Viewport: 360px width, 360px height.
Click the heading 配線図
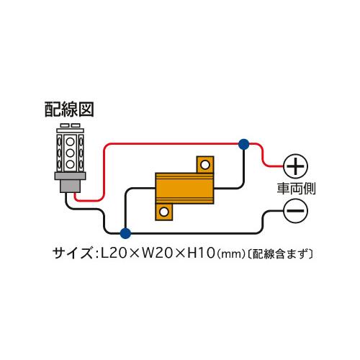(x=69, y=109)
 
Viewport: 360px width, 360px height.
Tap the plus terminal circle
(x=295, y=166)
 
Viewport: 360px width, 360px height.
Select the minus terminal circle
(x=295, y=211)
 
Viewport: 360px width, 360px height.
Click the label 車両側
(x=296, y=189)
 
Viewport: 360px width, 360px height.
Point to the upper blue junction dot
(x=244, y=144)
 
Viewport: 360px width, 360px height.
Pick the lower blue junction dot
(x=125, y=233)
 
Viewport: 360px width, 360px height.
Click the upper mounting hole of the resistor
(x=205, y=165)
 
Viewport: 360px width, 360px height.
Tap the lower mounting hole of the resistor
(x=164, y=212)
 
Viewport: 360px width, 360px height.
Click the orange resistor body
(x=184, y=188)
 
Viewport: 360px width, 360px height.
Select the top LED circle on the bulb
(x=70, y=142)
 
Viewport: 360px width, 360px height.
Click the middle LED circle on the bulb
(x=70, y=153)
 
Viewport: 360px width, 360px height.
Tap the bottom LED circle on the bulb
(x=70, y=164)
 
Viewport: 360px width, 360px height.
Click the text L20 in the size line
(x=114, y=253)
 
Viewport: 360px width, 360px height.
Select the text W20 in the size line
(x=157, y=253)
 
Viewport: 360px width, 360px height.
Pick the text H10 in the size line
(x=201, y=253)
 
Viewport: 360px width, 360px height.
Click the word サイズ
(x=72, y=253)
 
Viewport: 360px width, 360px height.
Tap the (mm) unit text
(x=231, y=254)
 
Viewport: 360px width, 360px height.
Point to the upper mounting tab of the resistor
(x=205, y=165)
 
